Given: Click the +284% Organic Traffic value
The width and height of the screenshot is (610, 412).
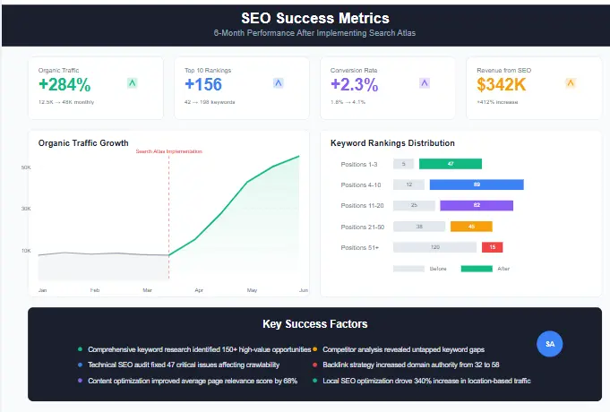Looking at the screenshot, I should click(64, 85).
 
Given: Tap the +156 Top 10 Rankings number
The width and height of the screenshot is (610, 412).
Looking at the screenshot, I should click(203, 85).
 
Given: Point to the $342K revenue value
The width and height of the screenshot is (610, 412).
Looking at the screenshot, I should click(503, 85).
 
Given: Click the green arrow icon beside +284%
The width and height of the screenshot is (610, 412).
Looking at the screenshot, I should click(132, 83).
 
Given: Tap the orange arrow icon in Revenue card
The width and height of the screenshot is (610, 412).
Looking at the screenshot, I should click(570, 83).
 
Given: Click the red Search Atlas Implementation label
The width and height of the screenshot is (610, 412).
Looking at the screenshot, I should click(168, 151).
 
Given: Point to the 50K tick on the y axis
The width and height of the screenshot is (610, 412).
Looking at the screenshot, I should click(27, 167).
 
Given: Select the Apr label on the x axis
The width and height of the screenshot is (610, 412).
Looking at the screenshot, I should click(199, 290).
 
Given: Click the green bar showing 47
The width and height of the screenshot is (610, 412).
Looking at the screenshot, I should click(451, 164).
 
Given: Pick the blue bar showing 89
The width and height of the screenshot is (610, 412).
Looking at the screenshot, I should click(477, 185).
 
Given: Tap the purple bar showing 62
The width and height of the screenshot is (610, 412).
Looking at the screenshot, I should click(477, 205).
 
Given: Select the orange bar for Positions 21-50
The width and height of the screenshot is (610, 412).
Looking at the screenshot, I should click(472, 227).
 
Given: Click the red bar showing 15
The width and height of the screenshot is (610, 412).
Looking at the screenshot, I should click(493, 247).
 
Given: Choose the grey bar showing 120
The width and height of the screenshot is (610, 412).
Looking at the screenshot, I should click(434, 247).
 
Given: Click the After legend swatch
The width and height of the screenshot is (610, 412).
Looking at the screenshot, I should click(477, 269).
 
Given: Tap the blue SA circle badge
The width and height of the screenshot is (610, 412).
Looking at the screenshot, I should click(550, 344).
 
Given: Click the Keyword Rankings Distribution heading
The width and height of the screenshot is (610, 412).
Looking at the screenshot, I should click(392, 143).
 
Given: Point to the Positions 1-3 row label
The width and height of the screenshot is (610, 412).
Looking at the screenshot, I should click(359, 164).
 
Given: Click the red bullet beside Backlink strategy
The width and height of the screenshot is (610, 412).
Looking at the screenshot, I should click(315, 365).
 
